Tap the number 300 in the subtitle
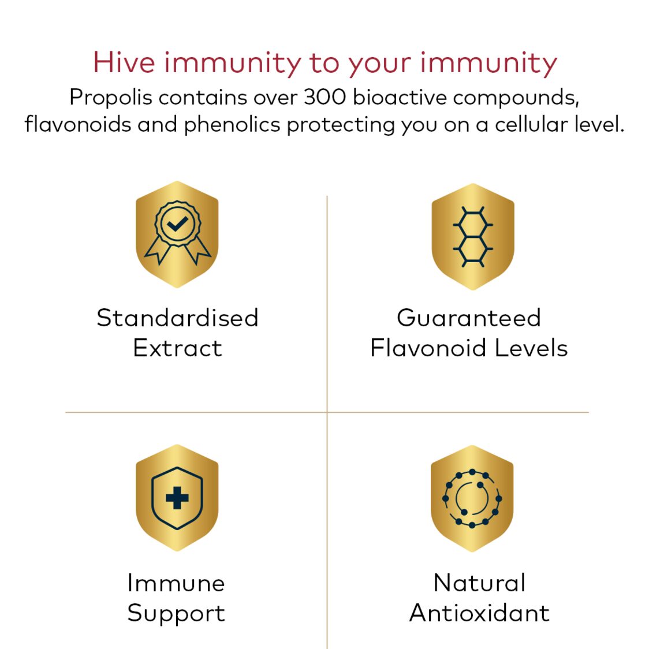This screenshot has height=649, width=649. [324, 97]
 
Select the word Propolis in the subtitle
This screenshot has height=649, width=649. [111, 98]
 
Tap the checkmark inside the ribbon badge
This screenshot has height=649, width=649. [177, 223]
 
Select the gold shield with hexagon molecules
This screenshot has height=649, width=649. [472, 237]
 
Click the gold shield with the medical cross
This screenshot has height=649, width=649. [177, 498]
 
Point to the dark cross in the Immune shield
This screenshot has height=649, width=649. [177, 498]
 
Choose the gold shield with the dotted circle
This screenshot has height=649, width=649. [472, 498]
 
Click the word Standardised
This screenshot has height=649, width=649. [177, 318]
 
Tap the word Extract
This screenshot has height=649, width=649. [177, 348]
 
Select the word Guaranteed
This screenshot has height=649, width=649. [469, 318]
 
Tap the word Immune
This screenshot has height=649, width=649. [176, 583]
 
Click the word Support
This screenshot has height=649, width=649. [176, 613]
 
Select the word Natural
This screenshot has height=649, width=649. [479, 583]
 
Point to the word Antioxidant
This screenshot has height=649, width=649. [479, 613]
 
